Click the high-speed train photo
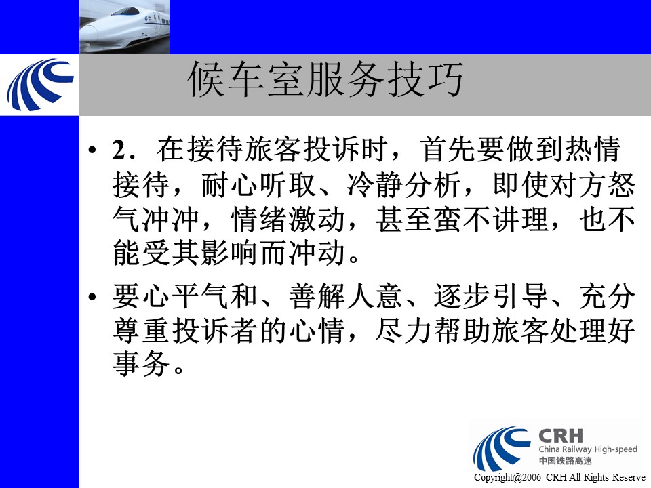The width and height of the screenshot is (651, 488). [x=125, y=27]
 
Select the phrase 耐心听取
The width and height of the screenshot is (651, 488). [x=259, y=184]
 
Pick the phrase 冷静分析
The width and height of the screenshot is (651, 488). [x=403, y=184]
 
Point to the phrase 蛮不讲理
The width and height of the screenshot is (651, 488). [x=490, y=220]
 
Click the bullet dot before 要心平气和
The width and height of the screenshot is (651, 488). [x=92, y=297]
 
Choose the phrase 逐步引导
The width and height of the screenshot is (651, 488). [x=490, y=296]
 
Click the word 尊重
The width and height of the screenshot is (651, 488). [x=141, y=331]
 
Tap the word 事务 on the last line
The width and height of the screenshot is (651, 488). [x=141, y=365]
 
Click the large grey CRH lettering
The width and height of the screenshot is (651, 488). [x=561, y=436]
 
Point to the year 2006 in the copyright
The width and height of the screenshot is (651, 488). [x=532, y=478]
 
